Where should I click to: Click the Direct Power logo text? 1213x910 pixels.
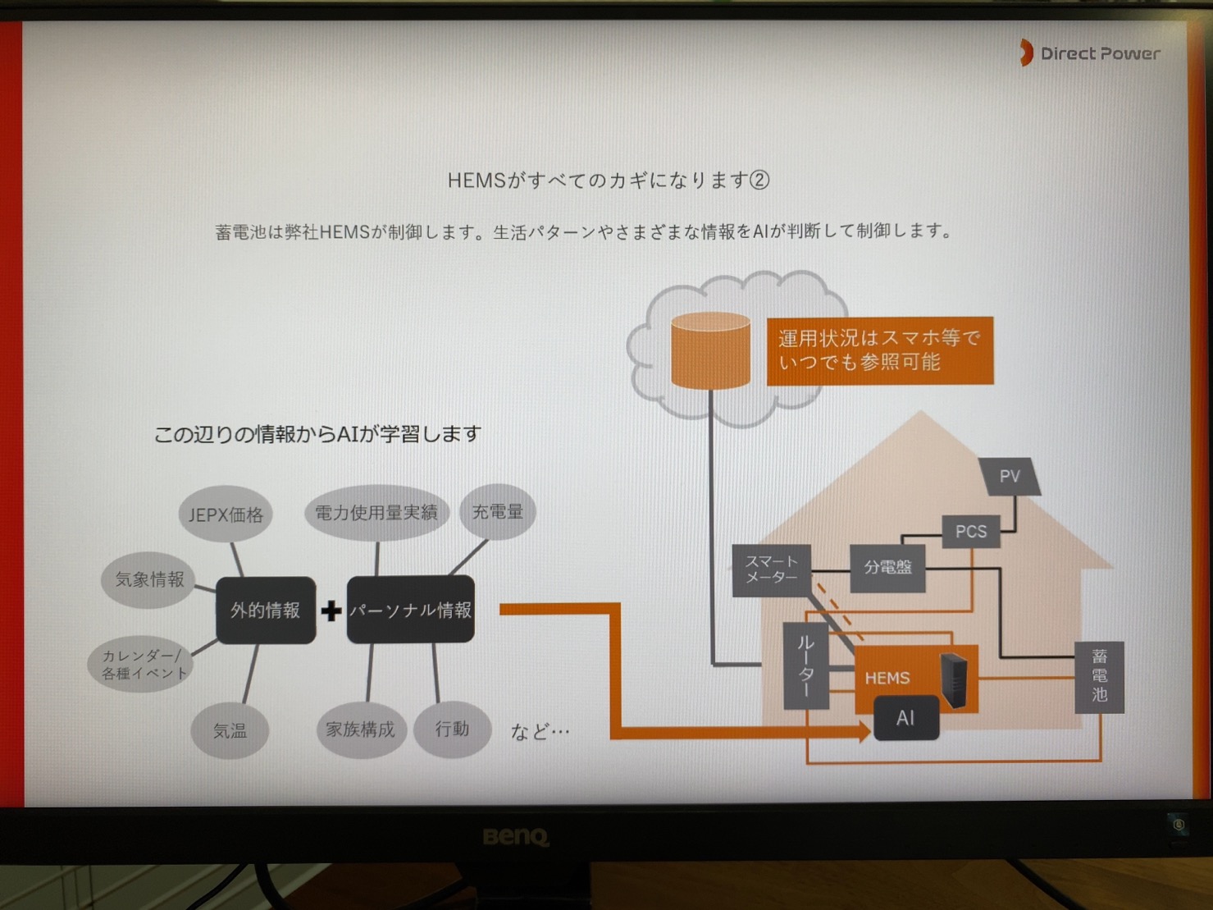1099,54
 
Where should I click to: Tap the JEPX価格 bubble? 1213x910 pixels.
226,514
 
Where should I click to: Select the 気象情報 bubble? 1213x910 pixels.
149,579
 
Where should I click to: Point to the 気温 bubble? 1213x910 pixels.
230,730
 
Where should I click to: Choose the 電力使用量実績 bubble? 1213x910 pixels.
376,513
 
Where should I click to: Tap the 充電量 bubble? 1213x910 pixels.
497,512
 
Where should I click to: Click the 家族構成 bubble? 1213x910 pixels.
360,729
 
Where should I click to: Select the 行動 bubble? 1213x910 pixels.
452,729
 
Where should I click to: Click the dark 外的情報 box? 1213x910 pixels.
265,610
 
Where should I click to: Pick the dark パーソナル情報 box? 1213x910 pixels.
410,610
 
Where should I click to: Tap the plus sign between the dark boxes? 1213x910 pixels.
331,610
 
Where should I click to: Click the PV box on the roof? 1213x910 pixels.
1010,477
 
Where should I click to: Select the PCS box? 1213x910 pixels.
971,532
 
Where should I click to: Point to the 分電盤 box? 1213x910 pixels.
887,567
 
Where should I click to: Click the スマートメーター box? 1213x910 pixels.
771,569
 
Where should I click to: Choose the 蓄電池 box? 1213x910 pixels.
1099,676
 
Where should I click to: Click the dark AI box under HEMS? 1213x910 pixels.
905,719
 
